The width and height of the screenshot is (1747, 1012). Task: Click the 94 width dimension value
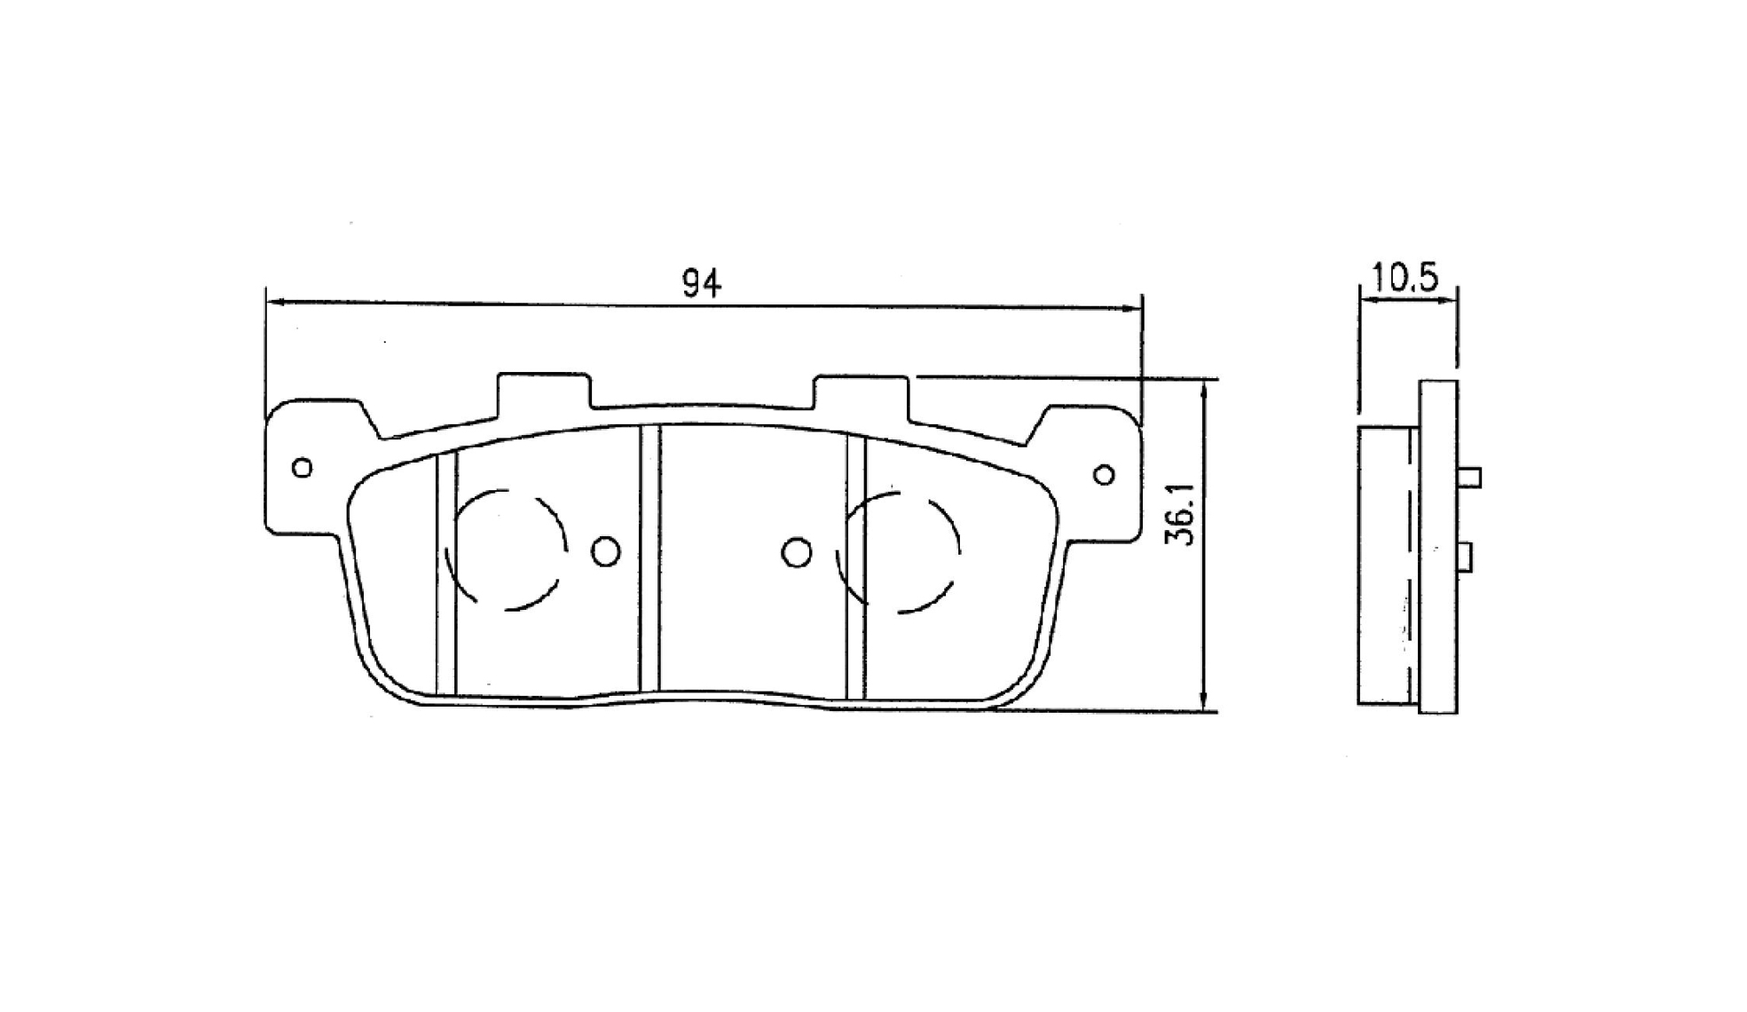pos(701,282)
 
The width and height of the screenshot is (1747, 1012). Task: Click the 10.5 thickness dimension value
pos(1405,278)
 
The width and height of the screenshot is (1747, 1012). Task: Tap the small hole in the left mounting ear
pos(303,467)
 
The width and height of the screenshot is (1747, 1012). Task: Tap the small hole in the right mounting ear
pos(1105,475)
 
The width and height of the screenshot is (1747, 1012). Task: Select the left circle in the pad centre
pos(606,552)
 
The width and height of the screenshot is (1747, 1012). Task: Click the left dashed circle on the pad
pos(566,546)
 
